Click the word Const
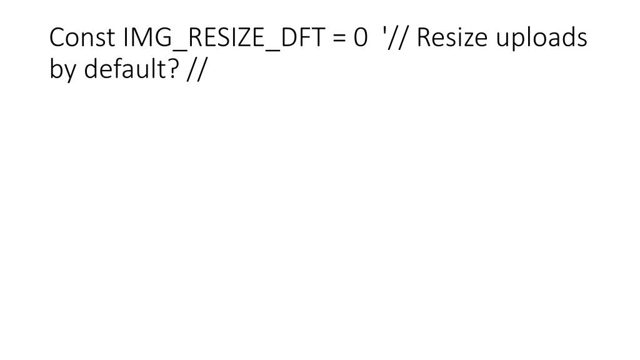(82, 37)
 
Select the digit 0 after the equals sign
(361, 37)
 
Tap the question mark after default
(174, 69)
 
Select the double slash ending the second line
(197, 69)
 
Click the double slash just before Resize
(399, 38)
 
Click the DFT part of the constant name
(303, 37)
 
